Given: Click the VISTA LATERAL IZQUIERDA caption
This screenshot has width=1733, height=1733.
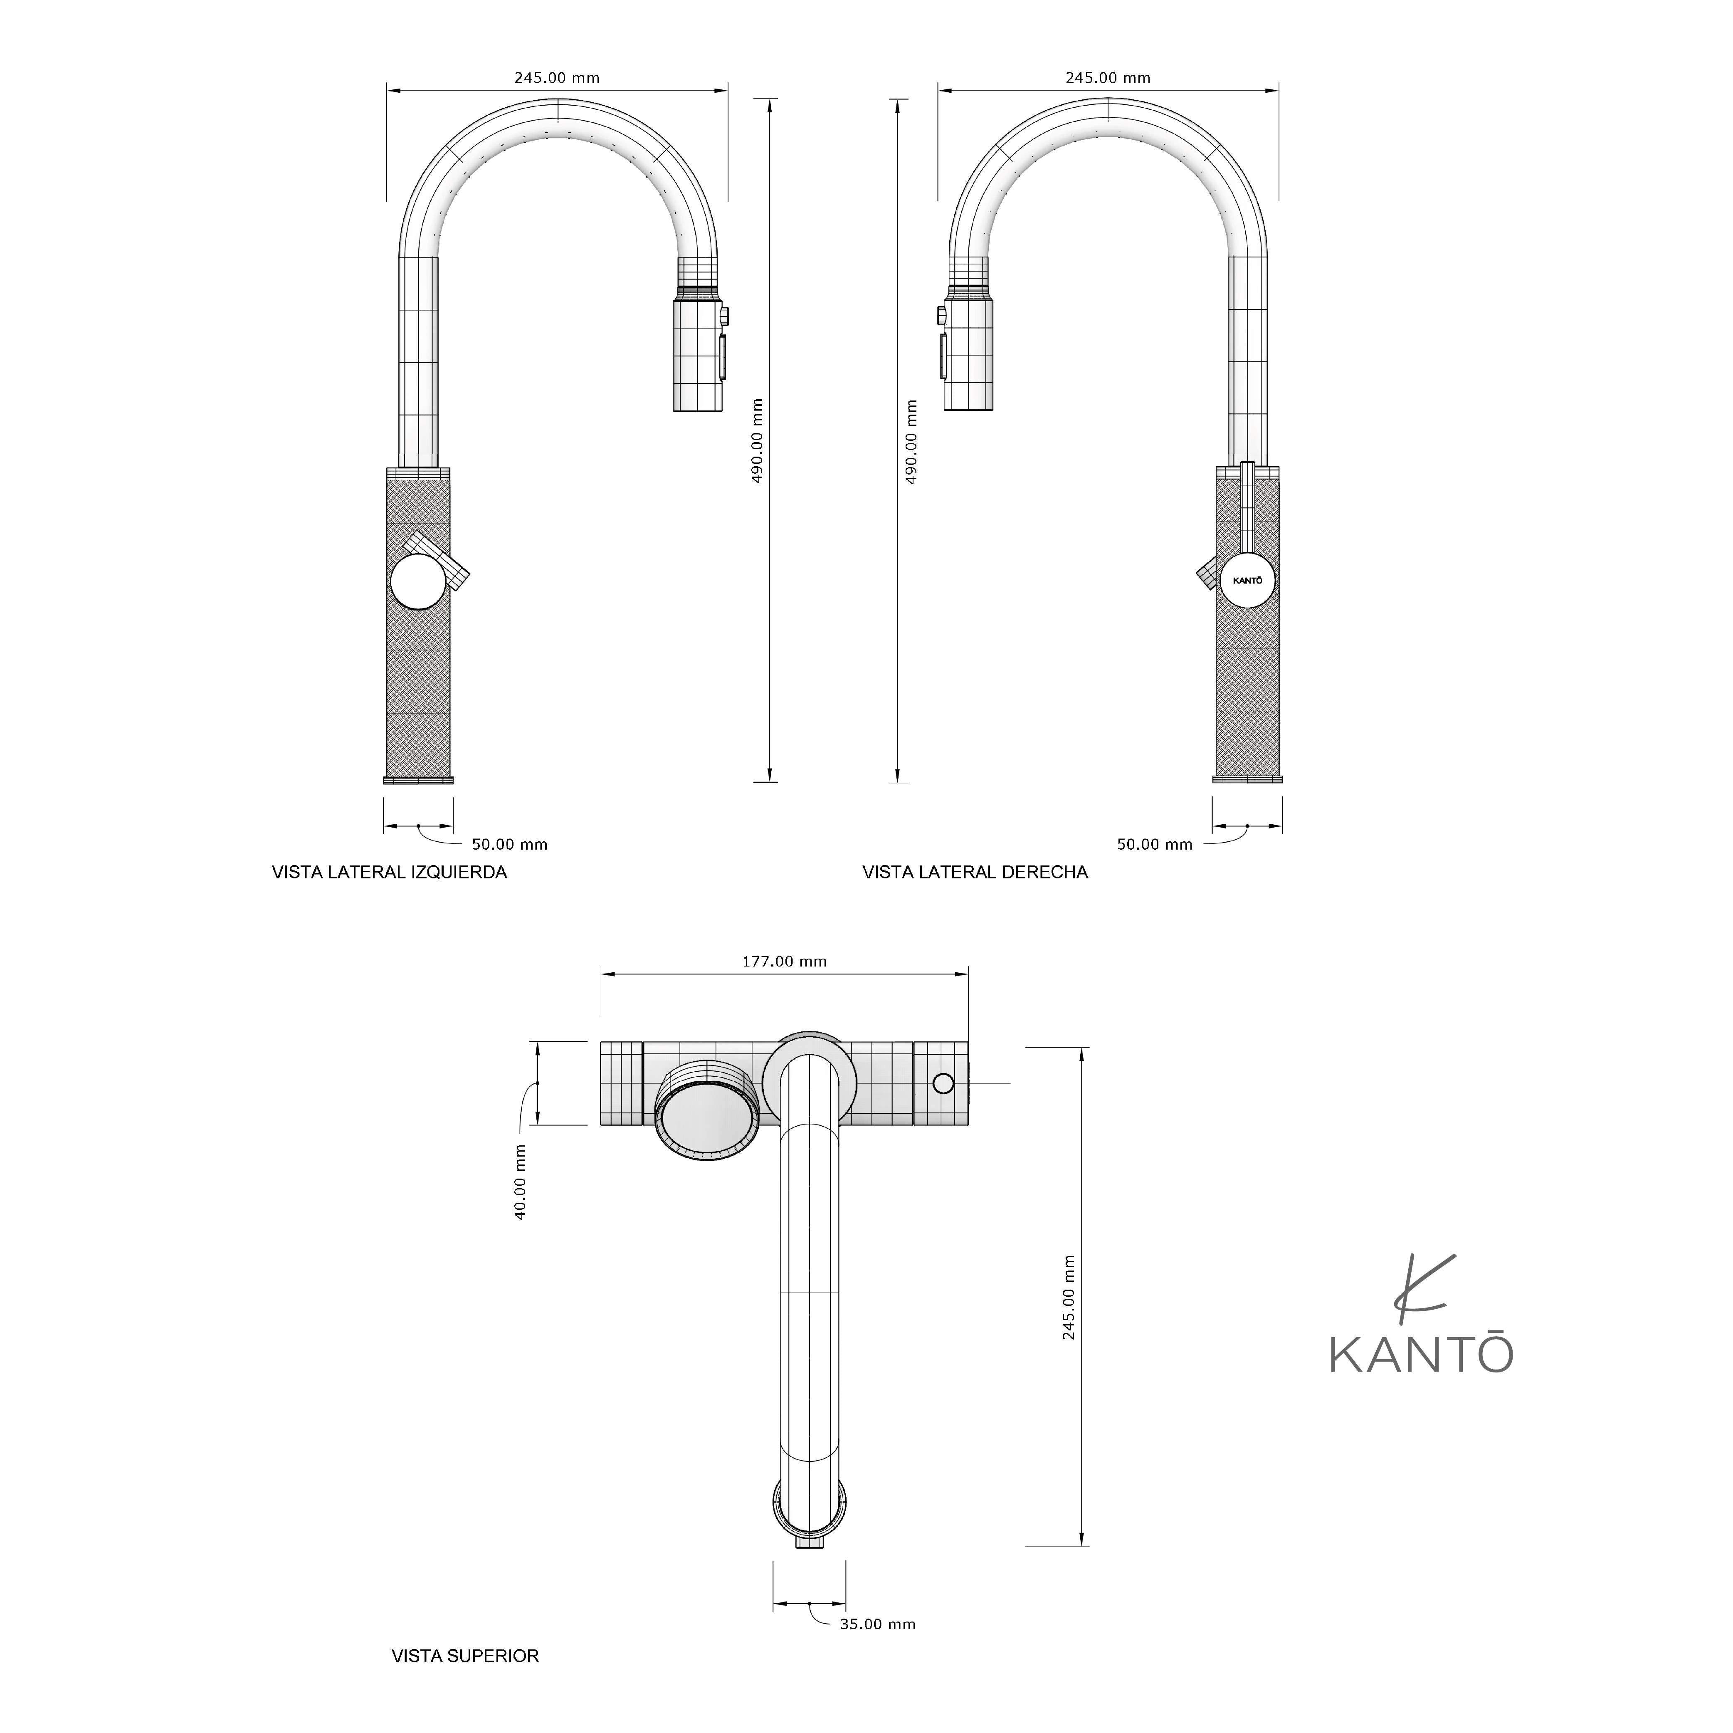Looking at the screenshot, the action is coord(389,872).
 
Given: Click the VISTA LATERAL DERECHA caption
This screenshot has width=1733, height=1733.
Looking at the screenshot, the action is coord(975,872).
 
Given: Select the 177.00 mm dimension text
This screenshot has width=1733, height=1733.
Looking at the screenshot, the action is coord(784,962).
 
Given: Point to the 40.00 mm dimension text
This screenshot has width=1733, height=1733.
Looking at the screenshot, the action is coord(520,1182).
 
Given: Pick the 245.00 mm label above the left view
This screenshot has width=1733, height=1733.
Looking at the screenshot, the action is coord(557,78).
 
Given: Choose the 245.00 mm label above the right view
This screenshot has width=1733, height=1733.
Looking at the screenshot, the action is coord(1108,78).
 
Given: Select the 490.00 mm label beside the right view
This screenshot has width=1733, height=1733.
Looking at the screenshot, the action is coord(911,441).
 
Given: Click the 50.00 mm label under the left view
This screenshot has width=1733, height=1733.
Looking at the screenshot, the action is coord(509,844).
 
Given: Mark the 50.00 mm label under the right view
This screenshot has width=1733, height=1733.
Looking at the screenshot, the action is coord(1155,844).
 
